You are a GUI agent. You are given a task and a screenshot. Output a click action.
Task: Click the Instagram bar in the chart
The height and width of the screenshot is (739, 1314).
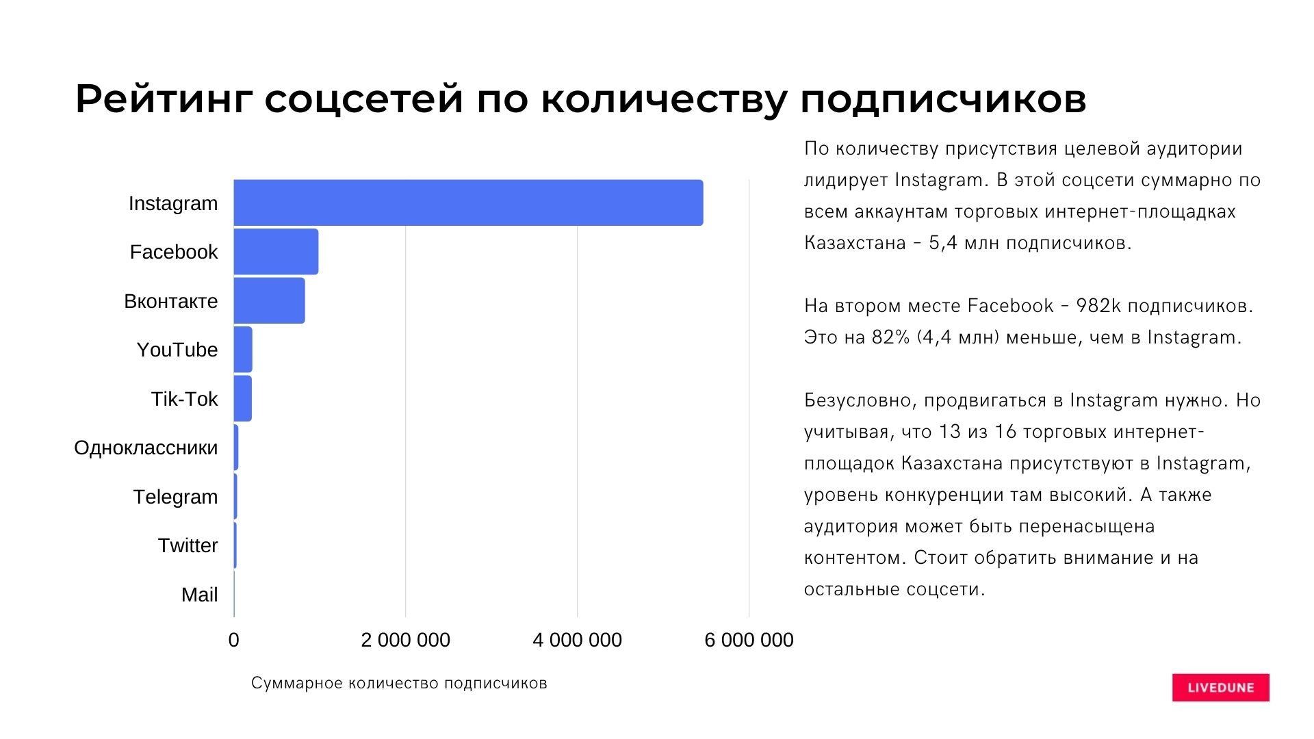pyautogui.click(x=468, y=203)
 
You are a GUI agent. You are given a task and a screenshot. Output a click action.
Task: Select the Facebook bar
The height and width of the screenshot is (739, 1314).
pyautogui.click(x=276, y=252)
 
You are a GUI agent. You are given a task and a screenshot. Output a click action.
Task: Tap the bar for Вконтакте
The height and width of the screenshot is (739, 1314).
pyautogui.click(x=269, y=300)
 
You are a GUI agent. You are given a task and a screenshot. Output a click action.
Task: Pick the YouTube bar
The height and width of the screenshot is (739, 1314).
pyautogui.click(x=243, y=350)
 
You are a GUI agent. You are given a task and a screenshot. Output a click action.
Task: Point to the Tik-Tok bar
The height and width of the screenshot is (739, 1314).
pyautogui.click(x=243, y=398)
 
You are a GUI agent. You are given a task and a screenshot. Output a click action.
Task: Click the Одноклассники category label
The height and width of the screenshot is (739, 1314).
pyautogui.click(x=146, y=448)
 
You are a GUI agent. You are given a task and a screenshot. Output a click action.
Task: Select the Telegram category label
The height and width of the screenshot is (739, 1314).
pyautogui.click(x=175, y=497)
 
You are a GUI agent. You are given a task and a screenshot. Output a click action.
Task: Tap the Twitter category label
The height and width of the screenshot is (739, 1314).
pyautogui.click(x=188, y=545)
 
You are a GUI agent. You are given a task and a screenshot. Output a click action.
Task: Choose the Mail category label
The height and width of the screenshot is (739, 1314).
pyautogui.click(x=199, y=595)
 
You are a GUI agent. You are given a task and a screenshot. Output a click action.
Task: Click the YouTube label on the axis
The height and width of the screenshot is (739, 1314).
pyautogui.click(x=177, y=350)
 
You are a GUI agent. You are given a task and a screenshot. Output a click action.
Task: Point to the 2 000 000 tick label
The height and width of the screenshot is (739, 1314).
pyautogui.click(x=405, y=640)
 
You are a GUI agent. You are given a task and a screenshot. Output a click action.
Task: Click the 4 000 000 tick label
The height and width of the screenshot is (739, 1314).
pyautogui.click(x=577, y=640)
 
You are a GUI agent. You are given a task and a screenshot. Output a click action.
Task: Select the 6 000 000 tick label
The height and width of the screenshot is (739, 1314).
pyautogui.click(x=749, y=640)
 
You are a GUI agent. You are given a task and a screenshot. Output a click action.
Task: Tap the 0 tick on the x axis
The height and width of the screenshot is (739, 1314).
pyautogui.click(x=233, y=640)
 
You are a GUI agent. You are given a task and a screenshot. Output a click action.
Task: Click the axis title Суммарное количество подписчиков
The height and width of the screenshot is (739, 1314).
pyautogui.click(x=399, y=683)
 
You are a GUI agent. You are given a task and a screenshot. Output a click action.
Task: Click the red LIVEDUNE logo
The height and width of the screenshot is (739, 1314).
pyautogui.click(x=1220, y=688)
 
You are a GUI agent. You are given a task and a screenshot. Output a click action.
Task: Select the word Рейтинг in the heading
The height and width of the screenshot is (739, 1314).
pyautogui.click(x=163, y=100)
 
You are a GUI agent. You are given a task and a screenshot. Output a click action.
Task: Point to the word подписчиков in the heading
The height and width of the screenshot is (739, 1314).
pyautogui.click(x=942, y=100)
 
